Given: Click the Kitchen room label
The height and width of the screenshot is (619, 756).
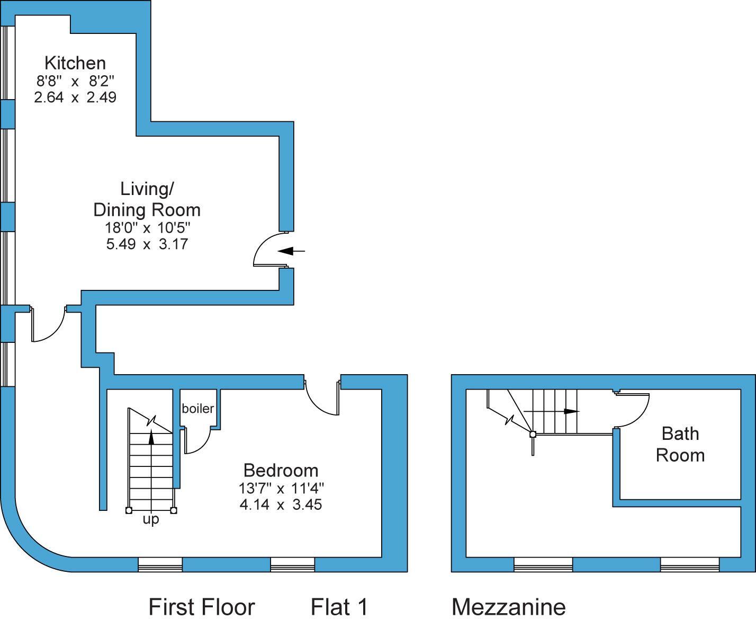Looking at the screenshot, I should point(75,63).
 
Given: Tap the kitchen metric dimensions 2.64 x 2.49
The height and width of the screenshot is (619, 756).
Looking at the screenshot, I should point(75,98).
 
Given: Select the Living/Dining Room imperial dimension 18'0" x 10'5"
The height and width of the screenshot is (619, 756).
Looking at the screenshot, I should point(147,228).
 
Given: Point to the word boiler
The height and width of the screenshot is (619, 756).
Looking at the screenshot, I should point(197,409).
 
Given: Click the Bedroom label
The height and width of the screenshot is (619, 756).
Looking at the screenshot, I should point(281,470).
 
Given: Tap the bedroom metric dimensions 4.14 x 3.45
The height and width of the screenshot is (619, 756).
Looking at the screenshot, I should point(281,504).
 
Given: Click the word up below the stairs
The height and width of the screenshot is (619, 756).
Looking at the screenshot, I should point(151,520).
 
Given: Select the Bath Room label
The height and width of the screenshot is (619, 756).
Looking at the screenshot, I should point(680,444).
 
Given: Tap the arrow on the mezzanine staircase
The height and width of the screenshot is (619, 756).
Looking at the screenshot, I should point(570,411).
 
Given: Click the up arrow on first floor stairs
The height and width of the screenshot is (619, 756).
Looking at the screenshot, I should point(151,438).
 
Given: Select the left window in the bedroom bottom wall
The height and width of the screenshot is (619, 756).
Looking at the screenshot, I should point(160,565).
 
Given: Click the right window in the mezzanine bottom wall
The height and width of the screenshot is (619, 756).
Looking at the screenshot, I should point(689,565).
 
